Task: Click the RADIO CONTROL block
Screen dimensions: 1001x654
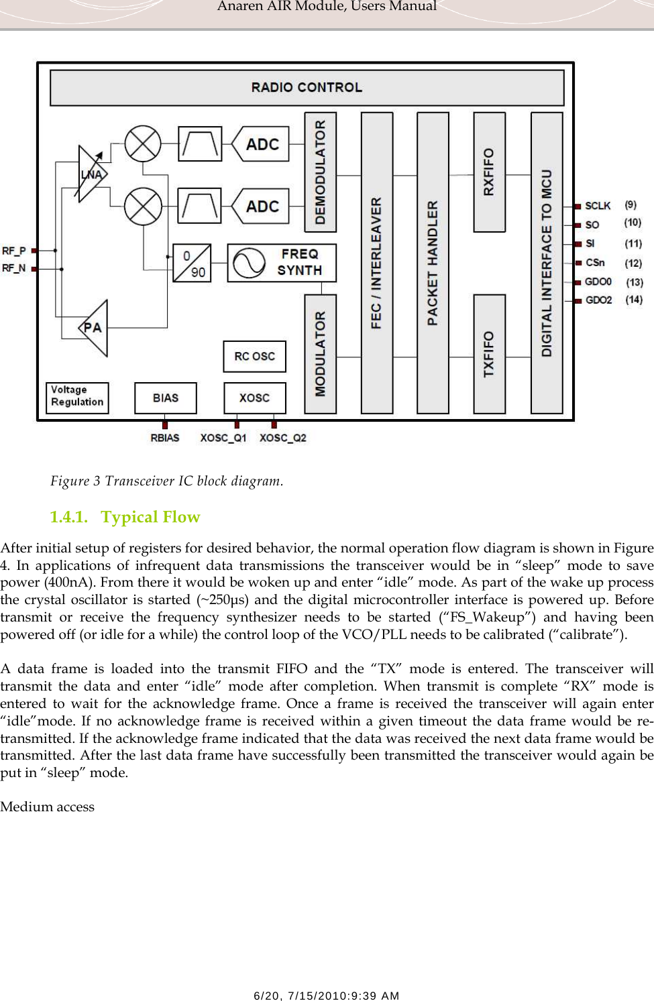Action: point(307,88)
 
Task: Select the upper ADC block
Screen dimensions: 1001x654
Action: point(262,144)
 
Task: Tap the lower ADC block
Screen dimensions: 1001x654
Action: point(262,207)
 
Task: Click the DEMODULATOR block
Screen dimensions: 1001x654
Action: point(321,172)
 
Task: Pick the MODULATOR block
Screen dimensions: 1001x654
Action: point(321,353)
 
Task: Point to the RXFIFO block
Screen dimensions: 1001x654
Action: point(489,172)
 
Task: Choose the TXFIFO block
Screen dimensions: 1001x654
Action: point(489,353)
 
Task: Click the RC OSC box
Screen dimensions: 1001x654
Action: point(254,356)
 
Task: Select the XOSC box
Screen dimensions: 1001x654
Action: point(254,398)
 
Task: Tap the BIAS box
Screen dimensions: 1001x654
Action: point(165,398)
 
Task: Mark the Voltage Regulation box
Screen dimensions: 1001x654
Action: point(77,397)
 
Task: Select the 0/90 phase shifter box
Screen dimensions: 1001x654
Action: point(192,263)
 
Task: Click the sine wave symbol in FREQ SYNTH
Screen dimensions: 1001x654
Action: point(249,263)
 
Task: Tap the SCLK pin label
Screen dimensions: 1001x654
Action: point(597,206)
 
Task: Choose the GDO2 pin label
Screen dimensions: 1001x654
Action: point(598,300)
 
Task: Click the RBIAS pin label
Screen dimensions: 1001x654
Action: point(165,438)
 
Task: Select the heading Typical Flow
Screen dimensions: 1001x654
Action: point(150,517)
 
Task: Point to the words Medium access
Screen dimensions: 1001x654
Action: point(48,807)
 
